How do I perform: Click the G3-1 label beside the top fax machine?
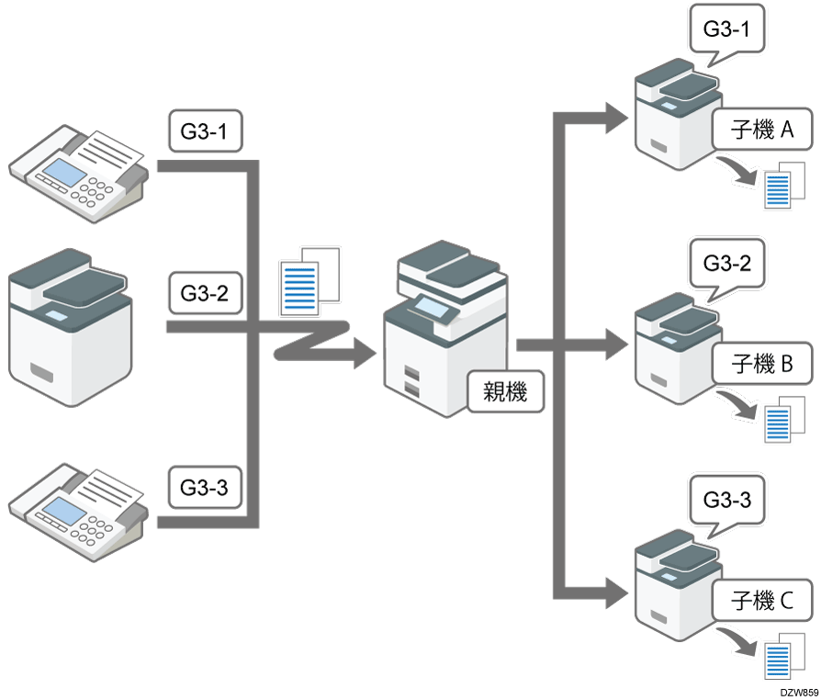pyautogui.click(x=205, y=133)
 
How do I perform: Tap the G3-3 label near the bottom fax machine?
pyautogui.click(x=205, y=487)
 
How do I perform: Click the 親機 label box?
pyautogui.click(x=504, y=391)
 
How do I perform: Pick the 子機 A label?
pyautogui.click(x=761, y=131)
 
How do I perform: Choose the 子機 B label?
pyautogui.click(x=761, y=366)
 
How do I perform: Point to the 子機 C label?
pyautogui.click(x=761, y=603)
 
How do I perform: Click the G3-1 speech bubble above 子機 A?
pyautogui.click(x=725, y=29)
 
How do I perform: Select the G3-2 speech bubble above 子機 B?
pyautogui.click(x=726, y=264)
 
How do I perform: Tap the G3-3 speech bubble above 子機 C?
pyautogui.click(x=726, y=501)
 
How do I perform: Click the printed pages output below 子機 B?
pyautogui.click(x=782, y=419)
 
